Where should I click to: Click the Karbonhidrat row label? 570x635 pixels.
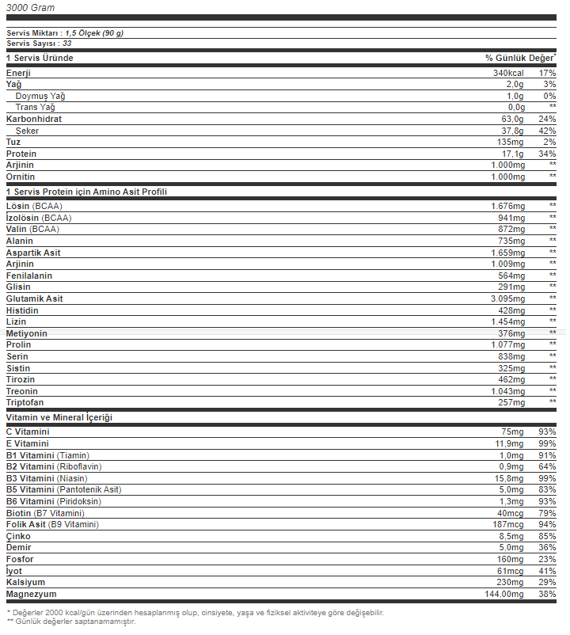point(33,119)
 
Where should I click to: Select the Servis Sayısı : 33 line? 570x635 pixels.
point(39,44)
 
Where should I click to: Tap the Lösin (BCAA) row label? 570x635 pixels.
point(34,206)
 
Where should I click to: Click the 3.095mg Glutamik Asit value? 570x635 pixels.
point(507,298)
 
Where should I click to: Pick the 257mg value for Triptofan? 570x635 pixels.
point(511,402)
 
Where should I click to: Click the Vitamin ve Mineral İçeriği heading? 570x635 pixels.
point(59,416)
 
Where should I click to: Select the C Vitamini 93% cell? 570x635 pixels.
point(546,432)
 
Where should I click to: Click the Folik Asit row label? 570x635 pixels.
point(52,524)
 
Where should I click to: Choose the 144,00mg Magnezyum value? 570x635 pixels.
point(502,593)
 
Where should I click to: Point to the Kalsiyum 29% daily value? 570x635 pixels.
point(546,582)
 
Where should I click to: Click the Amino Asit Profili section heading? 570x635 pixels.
point(86,192)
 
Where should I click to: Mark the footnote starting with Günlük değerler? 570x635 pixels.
point(71,622)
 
